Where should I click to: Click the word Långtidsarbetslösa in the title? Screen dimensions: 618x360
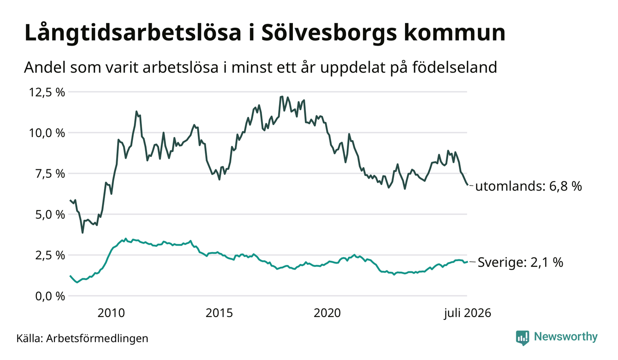tap(133, 34)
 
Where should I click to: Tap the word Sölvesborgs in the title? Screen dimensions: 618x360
tap(329, 33)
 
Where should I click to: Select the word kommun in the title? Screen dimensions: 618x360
tap(455, 34)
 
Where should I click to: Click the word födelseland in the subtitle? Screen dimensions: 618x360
tap(455, 67)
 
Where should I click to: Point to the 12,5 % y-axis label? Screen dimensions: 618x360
tap(47, 92)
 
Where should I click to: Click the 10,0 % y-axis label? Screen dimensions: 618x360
tap(47, 133)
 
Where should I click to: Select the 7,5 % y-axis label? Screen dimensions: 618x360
tap(50, 174)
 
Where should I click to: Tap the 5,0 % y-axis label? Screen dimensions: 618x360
tap(50, 215)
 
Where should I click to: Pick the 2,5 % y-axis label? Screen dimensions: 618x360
tap(50, 255)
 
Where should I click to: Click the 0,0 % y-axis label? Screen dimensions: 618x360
tap(50, 296)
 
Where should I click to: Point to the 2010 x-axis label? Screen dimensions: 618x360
tap(111, 313)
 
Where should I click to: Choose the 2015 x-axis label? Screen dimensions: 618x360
tap(220, 313)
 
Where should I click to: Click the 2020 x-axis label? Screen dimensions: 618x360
tap(327, 313)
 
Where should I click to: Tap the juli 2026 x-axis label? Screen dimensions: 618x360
tap(468, 313)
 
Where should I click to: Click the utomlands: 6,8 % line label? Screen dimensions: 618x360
tap(529, 186)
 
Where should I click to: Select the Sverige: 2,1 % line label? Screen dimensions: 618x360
tap(520, 262)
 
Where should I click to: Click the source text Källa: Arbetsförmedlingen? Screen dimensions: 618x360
tap(82, 338)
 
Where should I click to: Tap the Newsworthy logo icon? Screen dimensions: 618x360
tap(523, 338)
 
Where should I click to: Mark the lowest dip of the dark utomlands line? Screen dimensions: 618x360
tap(82, 233)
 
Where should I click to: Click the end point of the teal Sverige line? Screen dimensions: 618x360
tap(467, 262)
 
